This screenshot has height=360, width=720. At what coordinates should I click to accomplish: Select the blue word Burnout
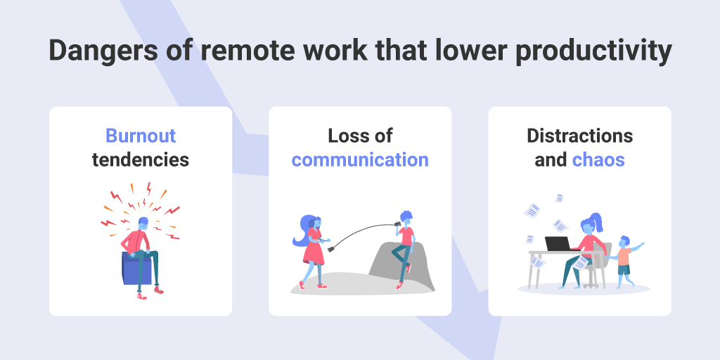[141, 136]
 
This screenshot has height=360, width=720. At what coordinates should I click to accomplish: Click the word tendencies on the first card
[141, 160]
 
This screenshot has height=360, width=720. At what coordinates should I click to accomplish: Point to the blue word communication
[360, 160]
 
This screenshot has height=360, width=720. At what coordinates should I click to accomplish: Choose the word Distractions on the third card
[579, 136]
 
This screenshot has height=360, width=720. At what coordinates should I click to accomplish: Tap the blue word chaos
[598, 160]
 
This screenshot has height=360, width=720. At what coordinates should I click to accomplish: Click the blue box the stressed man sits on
[136, 269]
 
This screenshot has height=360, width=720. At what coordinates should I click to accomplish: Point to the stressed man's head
[143, 224]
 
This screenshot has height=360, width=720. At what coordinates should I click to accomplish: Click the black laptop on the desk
[558, 244]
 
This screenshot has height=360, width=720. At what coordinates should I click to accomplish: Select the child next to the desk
[625, 262]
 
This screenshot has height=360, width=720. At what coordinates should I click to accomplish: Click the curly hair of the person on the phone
[406, 217]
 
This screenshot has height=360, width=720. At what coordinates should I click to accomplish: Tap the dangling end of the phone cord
[330, 250]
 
